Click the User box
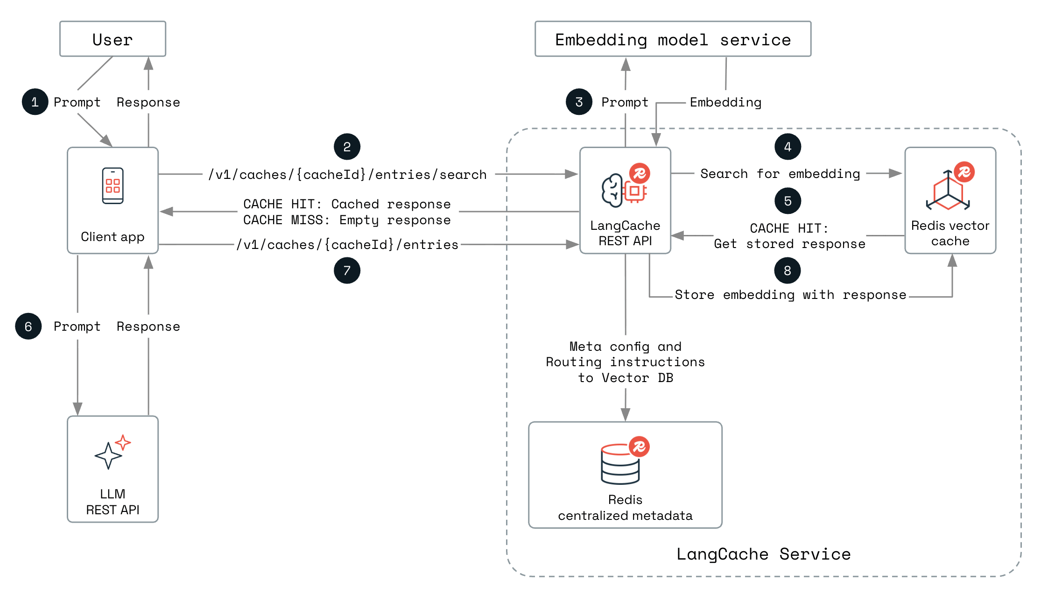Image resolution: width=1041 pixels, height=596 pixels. (x=113, y=39)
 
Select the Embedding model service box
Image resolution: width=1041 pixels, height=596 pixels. (x=673, y=39)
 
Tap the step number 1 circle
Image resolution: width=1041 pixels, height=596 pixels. (x=35, y=102)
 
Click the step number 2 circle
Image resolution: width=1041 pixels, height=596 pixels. (x=347, y=147)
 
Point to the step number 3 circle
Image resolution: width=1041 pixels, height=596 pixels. (x=579, y=102)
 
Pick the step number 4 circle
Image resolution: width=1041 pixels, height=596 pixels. (x=788, y=147)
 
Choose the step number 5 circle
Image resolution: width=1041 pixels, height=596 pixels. (x=788, y=201)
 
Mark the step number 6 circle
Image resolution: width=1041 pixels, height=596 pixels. (x=28, y=326)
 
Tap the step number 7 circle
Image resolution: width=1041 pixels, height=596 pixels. (x=347, y=270)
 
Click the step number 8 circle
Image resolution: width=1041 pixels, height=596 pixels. (x=788, y=270)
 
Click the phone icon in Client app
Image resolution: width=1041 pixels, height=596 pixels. (x=113, y=186)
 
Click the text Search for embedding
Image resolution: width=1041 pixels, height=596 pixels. (x=780, y=174)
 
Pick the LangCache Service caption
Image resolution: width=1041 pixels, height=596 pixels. (x=763, y=554)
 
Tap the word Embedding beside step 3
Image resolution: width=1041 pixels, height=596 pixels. (x=725, y=102)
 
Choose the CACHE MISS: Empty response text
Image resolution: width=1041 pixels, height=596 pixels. (x=347, y=220)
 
